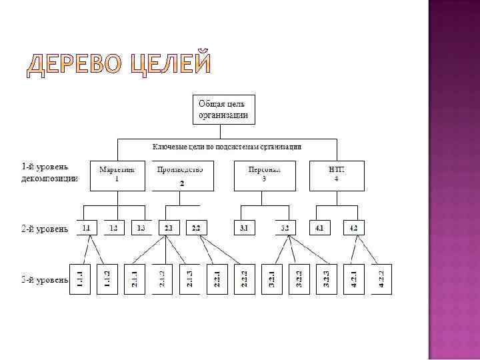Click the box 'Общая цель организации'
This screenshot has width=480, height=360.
click(x=223, y=109)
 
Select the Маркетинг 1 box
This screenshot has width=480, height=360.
click(x=117, y=175)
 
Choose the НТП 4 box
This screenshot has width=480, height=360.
click(x=337, y=175)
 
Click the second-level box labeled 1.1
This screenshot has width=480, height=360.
click(x=86, y=229)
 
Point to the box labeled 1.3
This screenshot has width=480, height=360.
click(x=141, y=229)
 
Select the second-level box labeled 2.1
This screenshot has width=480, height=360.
click(x=168, y=229)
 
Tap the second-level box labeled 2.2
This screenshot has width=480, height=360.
click(x=196, y=229)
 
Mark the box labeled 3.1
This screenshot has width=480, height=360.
click(x=244, y=229)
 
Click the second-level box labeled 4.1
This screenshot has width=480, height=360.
click(x=321, y=229)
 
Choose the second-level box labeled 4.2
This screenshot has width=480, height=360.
click(x=353, y=229)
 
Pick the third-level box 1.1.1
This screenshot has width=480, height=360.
click(x=79, y=278)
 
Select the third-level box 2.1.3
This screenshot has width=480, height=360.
click(x=189, y=278)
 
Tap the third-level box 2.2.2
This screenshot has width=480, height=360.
click(x=245, y=278)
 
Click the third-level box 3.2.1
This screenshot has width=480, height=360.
click(x=271, y=278)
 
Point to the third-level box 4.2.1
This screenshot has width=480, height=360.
click(x=353, y=278)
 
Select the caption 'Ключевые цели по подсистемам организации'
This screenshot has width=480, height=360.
click(x=227, y=146)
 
